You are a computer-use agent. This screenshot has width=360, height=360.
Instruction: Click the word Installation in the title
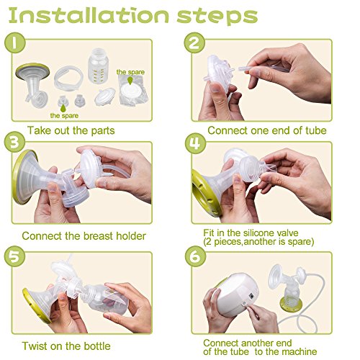coord(89,16)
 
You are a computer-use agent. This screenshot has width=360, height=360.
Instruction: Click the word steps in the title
coord(217,17)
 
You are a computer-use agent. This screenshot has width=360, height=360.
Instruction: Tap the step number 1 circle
coord(14,42)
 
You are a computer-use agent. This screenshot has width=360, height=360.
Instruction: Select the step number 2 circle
coord(194,42)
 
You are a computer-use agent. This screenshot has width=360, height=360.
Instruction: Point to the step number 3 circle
coord(14,142)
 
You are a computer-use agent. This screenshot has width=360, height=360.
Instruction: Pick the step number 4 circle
coord(195,143)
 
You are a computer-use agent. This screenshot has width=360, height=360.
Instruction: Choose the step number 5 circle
coord(14,256)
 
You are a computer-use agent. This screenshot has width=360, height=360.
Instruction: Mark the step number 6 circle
coord(195,256)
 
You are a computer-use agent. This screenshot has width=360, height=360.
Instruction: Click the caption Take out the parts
coord(71,130)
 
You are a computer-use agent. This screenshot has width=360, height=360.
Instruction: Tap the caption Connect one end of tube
coord(267,130)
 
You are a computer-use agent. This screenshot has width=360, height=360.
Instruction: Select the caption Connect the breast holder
coord(84,236)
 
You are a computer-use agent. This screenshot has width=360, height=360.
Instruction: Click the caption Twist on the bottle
coord(66,346)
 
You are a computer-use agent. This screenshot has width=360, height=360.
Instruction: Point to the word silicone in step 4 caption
coord(258,233)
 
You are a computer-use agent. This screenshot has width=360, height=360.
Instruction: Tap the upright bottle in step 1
coord(98,66)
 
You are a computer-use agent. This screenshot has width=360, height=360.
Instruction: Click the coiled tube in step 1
coord(68,78)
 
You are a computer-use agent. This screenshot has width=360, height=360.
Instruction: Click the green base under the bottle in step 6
coord(291,305)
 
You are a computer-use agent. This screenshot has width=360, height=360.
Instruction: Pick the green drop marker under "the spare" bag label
coord(130,81)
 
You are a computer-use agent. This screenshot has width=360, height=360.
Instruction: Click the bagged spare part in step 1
coord(132,92)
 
